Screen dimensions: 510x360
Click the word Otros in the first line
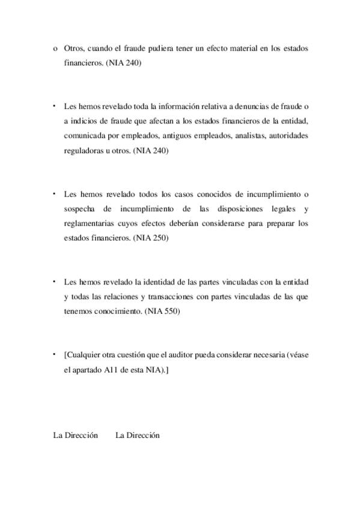coord(73,48)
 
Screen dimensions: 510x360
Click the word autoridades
coord(284,136)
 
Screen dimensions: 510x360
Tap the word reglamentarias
coord(89,224)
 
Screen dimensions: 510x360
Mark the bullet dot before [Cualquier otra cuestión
coord(54,353)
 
